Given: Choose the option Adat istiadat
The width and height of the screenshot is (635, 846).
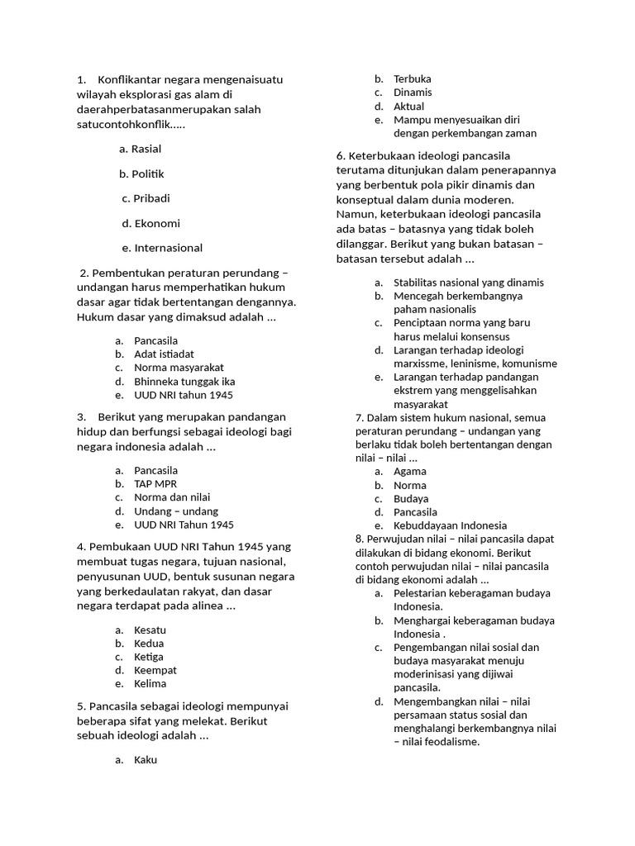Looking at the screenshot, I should [164, 354].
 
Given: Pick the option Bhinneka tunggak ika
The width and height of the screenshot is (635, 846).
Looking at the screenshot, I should [184, 382].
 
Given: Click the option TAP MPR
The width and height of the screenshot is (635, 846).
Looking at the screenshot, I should [155, 484].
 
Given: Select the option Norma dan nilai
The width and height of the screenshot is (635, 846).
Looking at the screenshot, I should [172, 497].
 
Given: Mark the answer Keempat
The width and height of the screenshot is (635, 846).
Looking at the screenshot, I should [155, 670].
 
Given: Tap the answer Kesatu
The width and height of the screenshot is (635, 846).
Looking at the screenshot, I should [150, 630].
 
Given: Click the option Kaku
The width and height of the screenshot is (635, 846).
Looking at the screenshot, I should [146, 760].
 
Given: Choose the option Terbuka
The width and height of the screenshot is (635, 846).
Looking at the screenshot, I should [412, 79].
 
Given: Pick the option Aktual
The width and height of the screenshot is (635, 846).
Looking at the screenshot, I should [408, 107].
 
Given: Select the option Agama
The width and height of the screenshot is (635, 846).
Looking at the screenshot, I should [410, 472].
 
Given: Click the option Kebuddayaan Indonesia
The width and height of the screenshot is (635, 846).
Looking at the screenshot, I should [450, 525].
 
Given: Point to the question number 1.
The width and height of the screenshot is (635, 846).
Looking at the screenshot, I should [81, 80].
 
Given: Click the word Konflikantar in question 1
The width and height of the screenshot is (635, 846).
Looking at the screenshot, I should [131, 80].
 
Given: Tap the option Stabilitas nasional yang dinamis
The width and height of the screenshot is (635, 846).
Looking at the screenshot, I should [469, 283].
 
